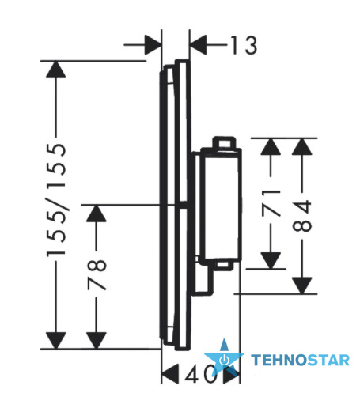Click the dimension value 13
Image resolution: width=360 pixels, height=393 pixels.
[244, 45]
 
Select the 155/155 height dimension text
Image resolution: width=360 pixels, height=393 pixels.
[56, 199]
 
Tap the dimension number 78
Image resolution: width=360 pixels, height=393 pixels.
[97, 274]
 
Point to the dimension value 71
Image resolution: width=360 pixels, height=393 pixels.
[271, 202]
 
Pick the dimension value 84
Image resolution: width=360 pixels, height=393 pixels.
[302, 216]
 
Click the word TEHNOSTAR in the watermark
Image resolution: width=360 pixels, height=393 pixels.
[300, 360]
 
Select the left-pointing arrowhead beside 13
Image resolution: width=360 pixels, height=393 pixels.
[198, 45]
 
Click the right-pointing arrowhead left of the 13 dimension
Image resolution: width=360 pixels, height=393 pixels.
[153, 45]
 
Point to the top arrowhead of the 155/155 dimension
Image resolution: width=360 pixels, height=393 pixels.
[55, 70]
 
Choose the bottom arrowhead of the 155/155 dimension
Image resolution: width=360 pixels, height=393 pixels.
[55, 341]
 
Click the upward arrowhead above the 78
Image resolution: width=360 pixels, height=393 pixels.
[97, 214]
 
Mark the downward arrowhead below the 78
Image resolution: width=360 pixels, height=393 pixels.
[97, 341]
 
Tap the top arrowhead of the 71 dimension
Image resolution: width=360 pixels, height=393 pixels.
[271, 147]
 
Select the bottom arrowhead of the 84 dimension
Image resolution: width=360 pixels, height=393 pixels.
[302, 285]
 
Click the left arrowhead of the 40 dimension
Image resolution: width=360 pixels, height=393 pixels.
[169, 374]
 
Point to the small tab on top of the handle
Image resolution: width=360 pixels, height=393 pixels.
[224, 142]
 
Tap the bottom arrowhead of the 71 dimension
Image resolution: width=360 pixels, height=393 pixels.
[271, 261]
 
